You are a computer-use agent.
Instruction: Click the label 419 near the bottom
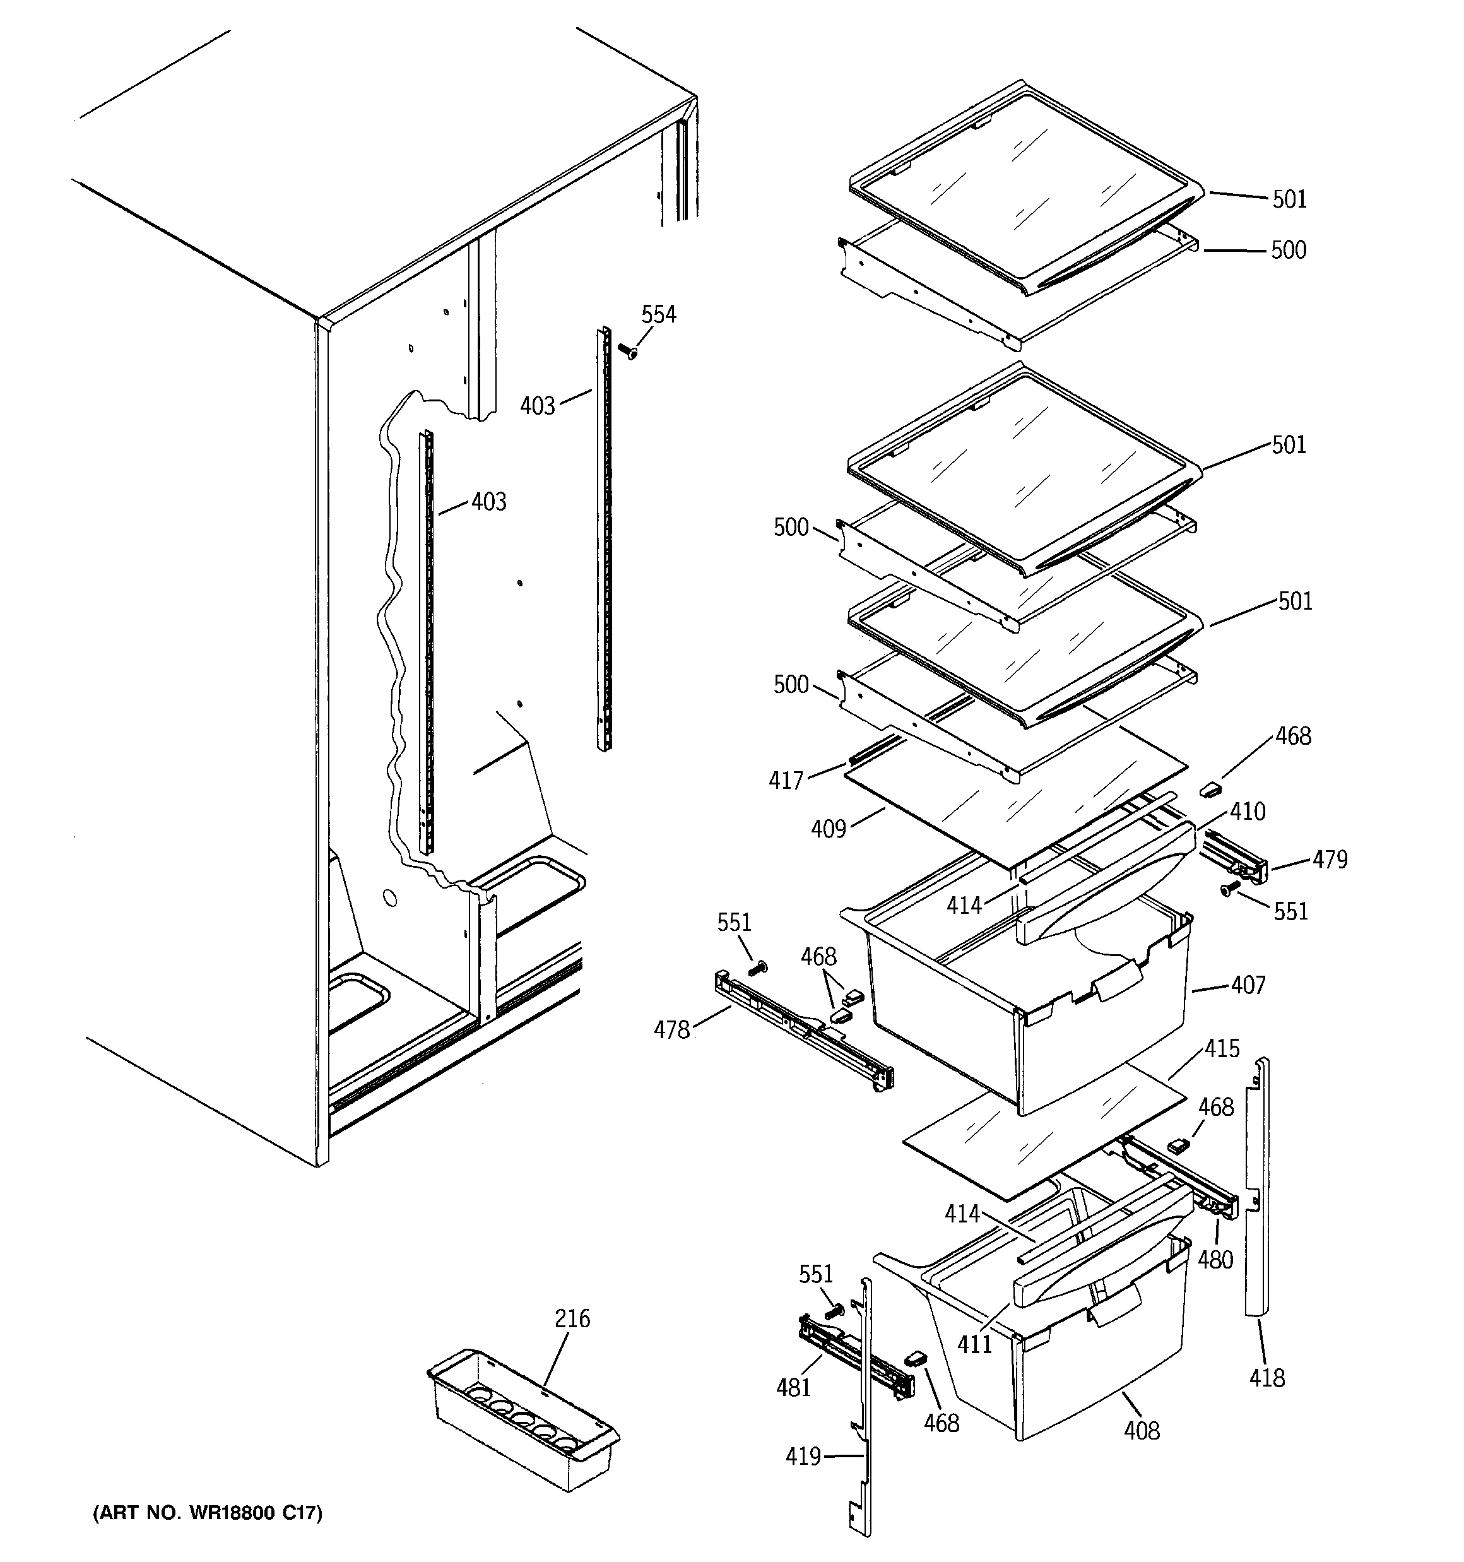click(802, 1457)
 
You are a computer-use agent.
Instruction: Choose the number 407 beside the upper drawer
click(1248, 985)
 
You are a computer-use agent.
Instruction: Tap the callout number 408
click(1141, 1430)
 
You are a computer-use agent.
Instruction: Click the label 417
click(786, 780)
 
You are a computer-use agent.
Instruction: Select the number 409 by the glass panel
click(829, 829)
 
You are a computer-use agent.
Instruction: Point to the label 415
click(1222, 1048)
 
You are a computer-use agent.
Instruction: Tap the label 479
click(1330, 860)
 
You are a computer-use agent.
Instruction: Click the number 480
click(1215, 1260)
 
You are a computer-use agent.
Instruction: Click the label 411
click(974, 1344)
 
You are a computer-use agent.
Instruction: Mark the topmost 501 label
click(1290, 199)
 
